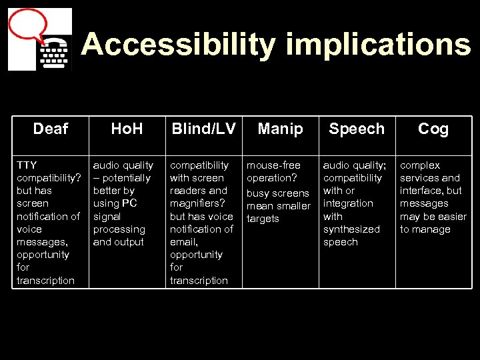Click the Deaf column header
point(51,129)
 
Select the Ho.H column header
point(127,129)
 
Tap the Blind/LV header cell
point(203,129)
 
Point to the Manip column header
point(280,129)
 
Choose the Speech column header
point(357,129)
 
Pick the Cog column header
point(433,129)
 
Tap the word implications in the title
point(378,45)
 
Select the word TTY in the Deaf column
point(27,165)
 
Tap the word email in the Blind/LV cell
point(183,242)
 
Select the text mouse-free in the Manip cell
point(273,165)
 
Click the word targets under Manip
point(263,219)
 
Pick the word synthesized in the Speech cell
point(351,229)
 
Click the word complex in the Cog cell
point(420,165)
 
